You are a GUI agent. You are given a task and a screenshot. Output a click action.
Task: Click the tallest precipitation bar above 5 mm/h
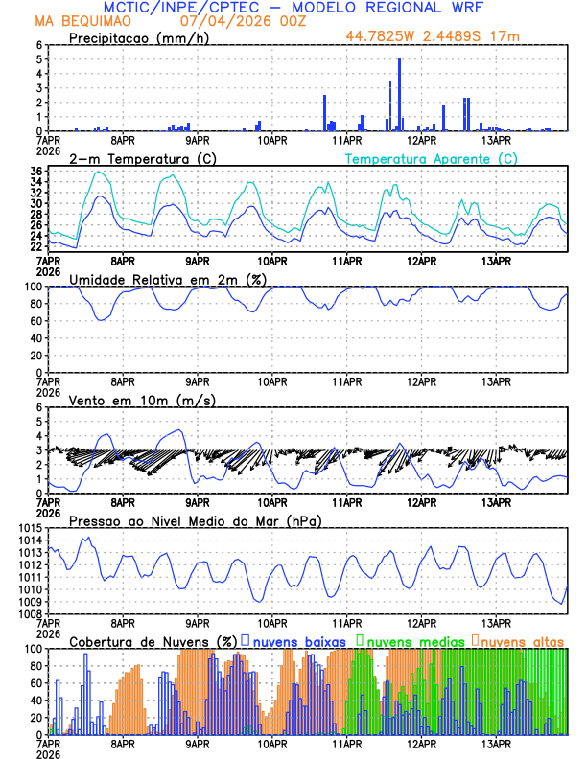tap(399, 94)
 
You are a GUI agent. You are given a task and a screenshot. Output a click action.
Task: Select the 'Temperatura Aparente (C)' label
tap(432, 158)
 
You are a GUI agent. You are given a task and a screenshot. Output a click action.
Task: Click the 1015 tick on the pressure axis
tap(27, 529)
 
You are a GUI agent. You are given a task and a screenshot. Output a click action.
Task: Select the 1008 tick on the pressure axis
tap(27, 613)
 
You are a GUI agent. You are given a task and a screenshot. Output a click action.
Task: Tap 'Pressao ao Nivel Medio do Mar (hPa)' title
tap(195, 520)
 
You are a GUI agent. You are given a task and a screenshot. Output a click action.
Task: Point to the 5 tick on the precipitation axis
tap(39, 59)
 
